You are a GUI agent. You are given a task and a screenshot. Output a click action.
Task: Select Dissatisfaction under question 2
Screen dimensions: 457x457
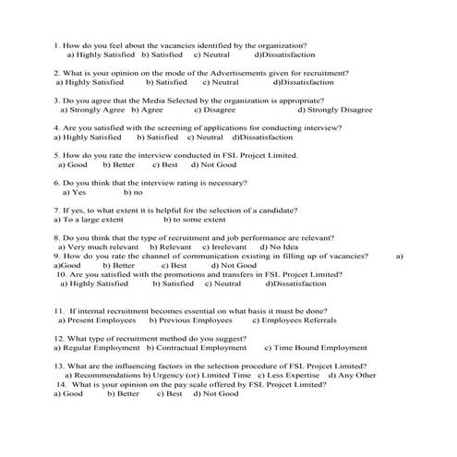[x=303, y=82]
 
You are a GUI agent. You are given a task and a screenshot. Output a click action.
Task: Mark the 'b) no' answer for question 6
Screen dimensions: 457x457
[x=133, y=193]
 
